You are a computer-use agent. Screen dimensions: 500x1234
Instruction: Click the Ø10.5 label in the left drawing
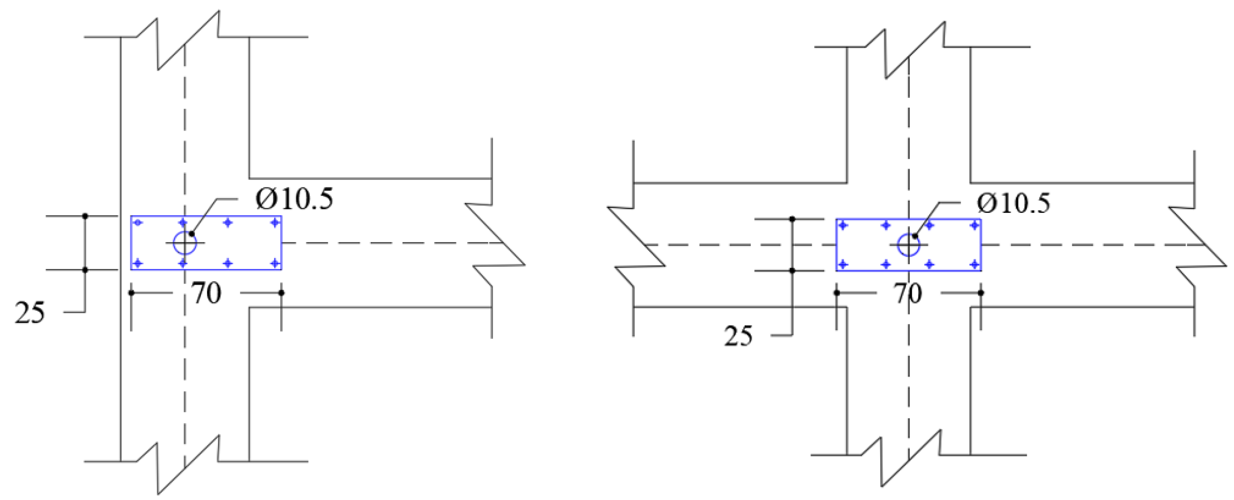click(x=294, y=199)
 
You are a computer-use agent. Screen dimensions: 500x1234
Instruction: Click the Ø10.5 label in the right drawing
click(x=1014, y=203)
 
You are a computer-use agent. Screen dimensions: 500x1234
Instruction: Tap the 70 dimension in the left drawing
click(x=206, y=294)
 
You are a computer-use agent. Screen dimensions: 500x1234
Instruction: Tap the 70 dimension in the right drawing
click(x=908, y=294)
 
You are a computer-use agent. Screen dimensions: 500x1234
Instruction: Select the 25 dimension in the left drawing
click(x=30, y=313)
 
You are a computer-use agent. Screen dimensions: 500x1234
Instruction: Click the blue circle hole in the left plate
click(x=184, y=243)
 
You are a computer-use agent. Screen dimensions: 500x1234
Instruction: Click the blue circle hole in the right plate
click(x=908, y=245)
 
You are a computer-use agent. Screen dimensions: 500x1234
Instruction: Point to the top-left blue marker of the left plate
click(x=138, y=223)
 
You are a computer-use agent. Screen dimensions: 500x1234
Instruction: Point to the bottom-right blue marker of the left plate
click(x=275, y=263)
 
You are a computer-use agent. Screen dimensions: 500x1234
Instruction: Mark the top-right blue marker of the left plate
click(x=275, y=223)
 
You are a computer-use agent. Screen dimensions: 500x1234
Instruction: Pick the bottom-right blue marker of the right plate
click(x=974, y=264)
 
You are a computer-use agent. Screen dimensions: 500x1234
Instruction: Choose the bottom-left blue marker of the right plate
click(x=843, y=264)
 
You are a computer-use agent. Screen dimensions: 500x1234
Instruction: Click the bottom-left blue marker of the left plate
click(x=138, y=263)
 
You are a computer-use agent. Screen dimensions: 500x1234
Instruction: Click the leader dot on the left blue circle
click(x=192, y=233)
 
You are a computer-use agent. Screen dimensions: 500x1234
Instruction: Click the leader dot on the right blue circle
click(x=915, y=236)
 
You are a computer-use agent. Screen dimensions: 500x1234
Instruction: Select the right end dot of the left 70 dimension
click(x=281, y=292)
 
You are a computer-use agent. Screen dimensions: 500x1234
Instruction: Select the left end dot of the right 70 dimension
click(x=837, y=292)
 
